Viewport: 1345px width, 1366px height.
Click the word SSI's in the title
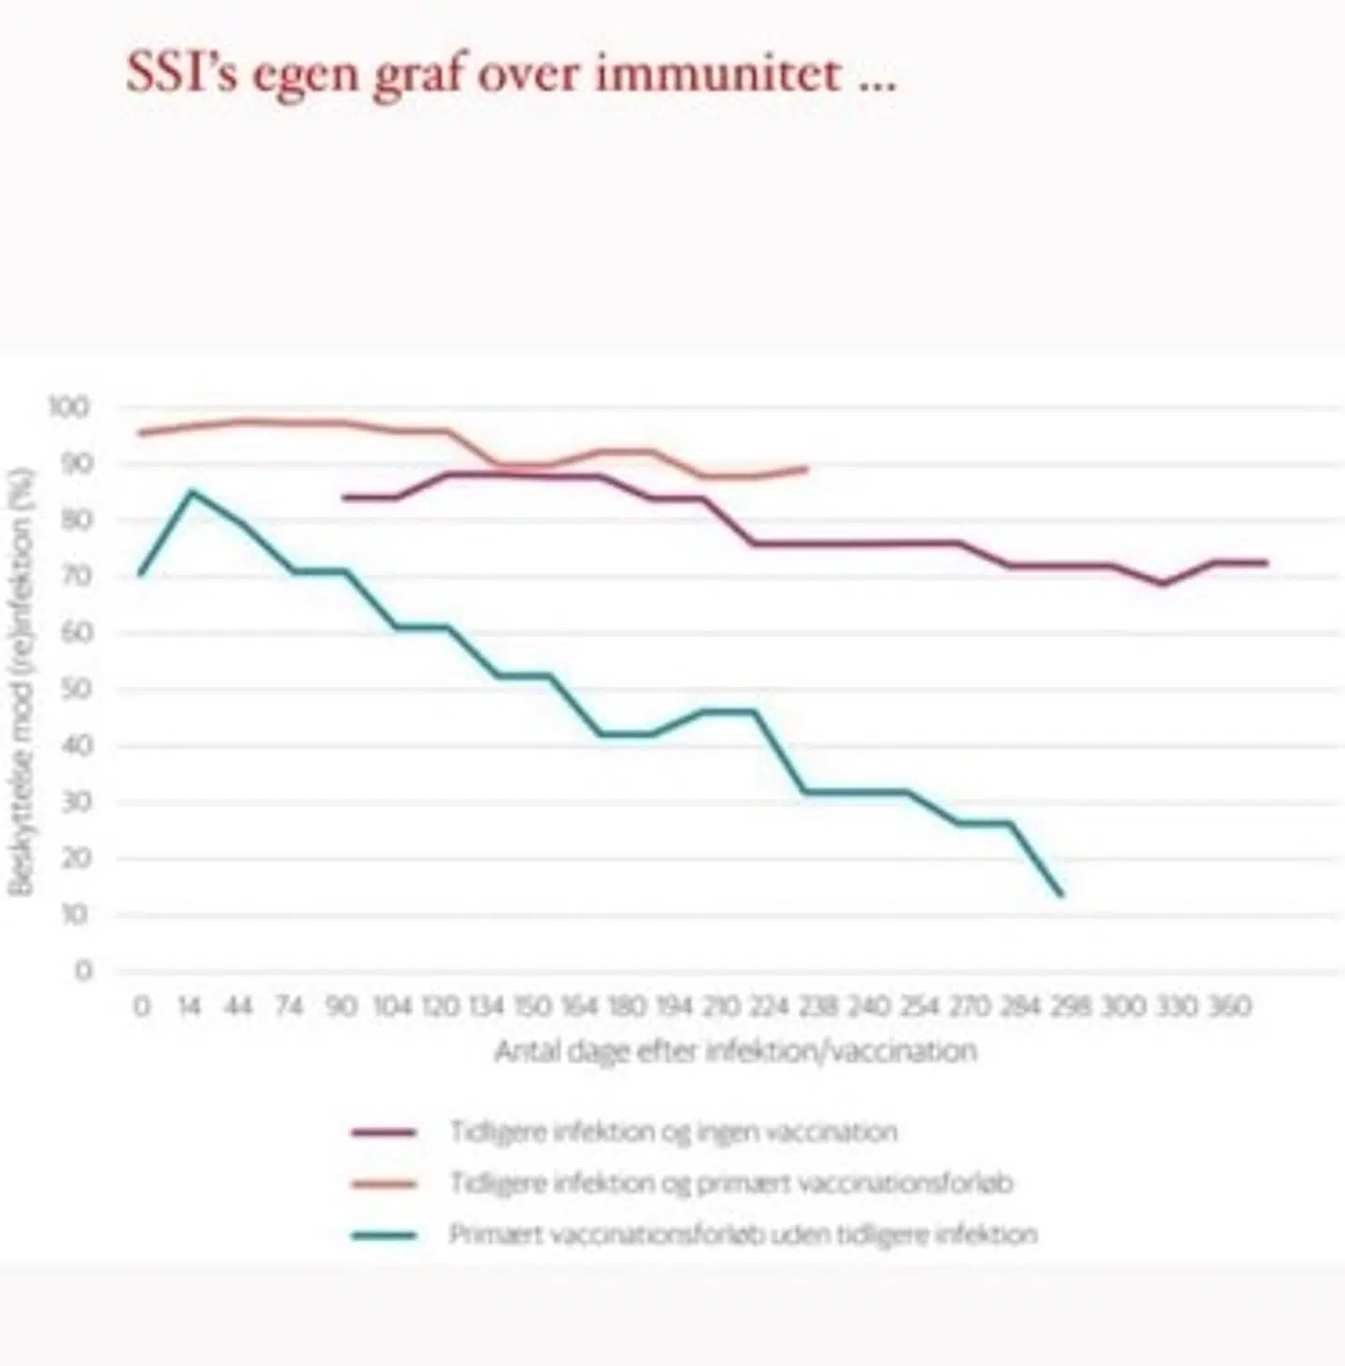(180, 73)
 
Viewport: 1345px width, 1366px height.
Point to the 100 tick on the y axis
(69, 407)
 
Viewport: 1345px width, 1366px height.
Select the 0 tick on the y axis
(83, 971)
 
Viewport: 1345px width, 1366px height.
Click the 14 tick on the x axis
(190, 1007)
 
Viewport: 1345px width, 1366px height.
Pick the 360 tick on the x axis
(1229, 1007)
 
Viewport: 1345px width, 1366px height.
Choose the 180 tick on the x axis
(627, 1007)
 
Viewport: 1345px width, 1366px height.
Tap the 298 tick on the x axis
(1069, 1007)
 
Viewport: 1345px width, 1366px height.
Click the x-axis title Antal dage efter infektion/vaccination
(735, 1051)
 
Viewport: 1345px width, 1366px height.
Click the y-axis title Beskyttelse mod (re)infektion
(23, 682)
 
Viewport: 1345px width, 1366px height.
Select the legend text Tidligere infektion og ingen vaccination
(673, 1132)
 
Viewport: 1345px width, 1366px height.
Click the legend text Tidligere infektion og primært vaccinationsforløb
(731, 1183)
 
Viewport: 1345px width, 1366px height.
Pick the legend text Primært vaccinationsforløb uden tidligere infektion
(743, 1234)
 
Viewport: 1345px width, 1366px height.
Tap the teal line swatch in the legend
(384, 1235)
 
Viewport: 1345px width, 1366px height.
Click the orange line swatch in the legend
(384, 1184)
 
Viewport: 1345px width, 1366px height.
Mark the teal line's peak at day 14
(191, 491)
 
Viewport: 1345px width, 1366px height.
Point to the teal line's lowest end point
(1061, 895)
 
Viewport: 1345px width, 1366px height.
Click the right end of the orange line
(806, 468)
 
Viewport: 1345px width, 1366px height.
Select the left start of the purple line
(344, 498)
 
